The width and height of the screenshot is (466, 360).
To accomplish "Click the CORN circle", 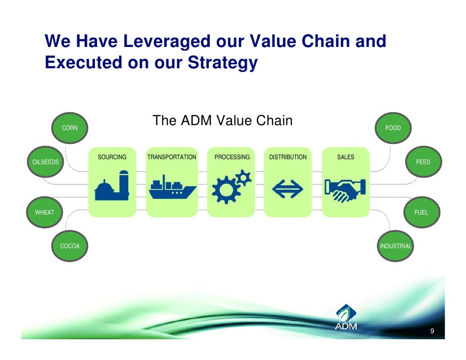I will point(70,128).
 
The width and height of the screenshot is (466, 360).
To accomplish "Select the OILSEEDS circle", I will point(46,162).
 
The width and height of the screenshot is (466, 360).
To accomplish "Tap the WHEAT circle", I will point(45,212).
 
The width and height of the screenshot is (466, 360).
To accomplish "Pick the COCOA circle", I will point(70,246).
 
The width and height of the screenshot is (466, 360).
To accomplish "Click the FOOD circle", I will point(393,128).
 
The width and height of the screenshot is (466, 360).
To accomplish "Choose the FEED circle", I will point(423,162).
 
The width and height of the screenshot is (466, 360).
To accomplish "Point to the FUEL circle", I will point(421,212).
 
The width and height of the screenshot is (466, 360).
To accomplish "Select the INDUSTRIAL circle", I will point(395,246).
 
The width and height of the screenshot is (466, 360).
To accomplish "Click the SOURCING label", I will point(112,157).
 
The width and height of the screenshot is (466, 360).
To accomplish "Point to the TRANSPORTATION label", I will point(172,157).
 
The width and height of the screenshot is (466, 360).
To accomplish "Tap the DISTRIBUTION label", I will point(287,157).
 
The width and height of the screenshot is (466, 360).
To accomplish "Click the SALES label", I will point(345,157).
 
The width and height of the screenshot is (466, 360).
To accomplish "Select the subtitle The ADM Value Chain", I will point(223,121).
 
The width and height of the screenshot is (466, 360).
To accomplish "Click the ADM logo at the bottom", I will point(346,317).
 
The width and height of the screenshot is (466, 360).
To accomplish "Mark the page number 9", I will point(432,331).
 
